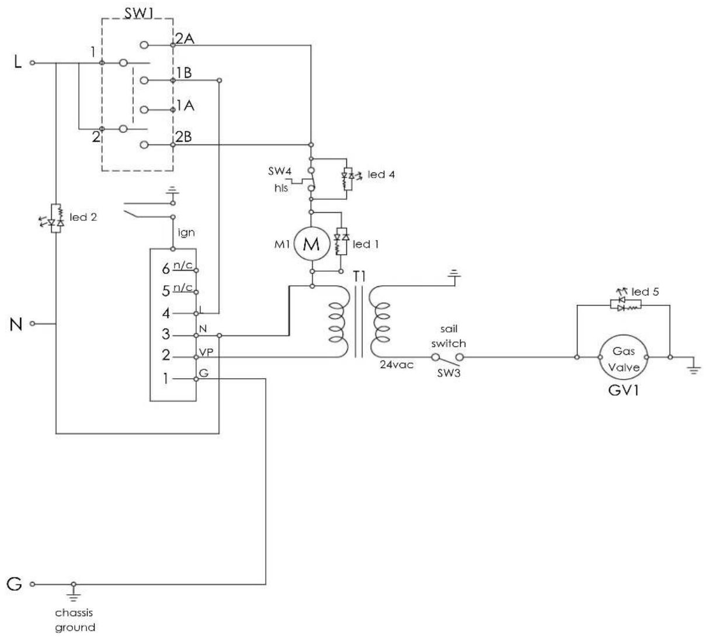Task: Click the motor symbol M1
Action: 311,244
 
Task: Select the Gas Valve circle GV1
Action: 623,358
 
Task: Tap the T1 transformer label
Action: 360,276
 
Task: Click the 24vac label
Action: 397,365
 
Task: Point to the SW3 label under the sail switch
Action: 448,373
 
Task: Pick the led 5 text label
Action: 645,292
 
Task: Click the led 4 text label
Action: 381,174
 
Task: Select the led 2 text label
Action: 83,217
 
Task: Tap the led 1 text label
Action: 366,244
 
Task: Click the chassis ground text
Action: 75,619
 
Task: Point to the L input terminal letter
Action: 18,63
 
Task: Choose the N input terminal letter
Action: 16,324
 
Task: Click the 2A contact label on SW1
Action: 185,39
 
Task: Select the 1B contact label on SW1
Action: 184,72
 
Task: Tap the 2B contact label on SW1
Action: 184,136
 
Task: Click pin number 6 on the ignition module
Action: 166,269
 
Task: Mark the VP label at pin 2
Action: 206,352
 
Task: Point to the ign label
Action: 186,233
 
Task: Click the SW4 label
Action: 280,171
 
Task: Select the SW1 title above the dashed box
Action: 138,13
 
